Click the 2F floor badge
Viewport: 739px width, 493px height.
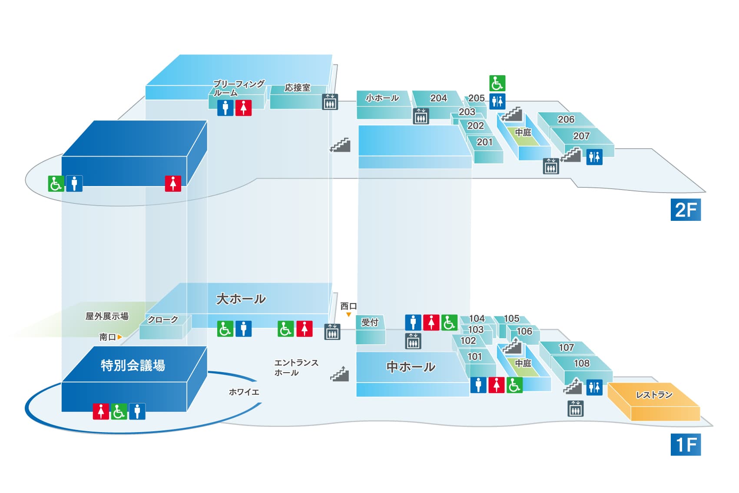point(686,210)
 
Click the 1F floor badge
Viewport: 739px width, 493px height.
point(686,444)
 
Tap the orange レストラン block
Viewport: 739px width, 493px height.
point(653,402)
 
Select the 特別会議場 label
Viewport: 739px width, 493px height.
point(133,366)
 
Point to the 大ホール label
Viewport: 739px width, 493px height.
point(241,299)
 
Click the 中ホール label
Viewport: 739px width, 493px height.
point(411,367)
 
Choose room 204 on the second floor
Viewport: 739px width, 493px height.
point(438,98)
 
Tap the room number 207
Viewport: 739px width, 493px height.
point(581,136)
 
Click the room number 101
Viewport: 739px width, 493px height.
point(475,356)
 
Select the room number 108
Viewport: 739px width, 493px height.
point(582,363)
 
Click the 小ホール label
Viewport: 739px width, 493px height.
point(382,98)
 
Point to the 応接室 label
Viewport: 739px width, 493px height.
point(298,87)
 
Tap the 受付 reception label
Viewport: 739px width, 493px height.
point(369,322)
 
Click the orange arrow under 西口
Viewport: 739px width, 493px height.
point(348,315)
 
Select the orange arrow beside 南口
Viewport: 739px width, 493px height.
point(120,337)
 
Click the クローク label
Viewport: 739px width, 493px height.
point(162,320)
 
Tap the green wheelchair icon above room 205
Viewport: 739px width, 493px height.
point(497,83)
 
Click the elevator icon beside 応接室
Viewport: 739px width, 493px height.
point(330,101)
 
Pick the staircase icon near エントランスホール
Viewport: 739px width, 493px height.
point(340,374)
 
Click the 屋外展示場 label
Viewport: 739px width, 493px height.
point(107,316)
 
